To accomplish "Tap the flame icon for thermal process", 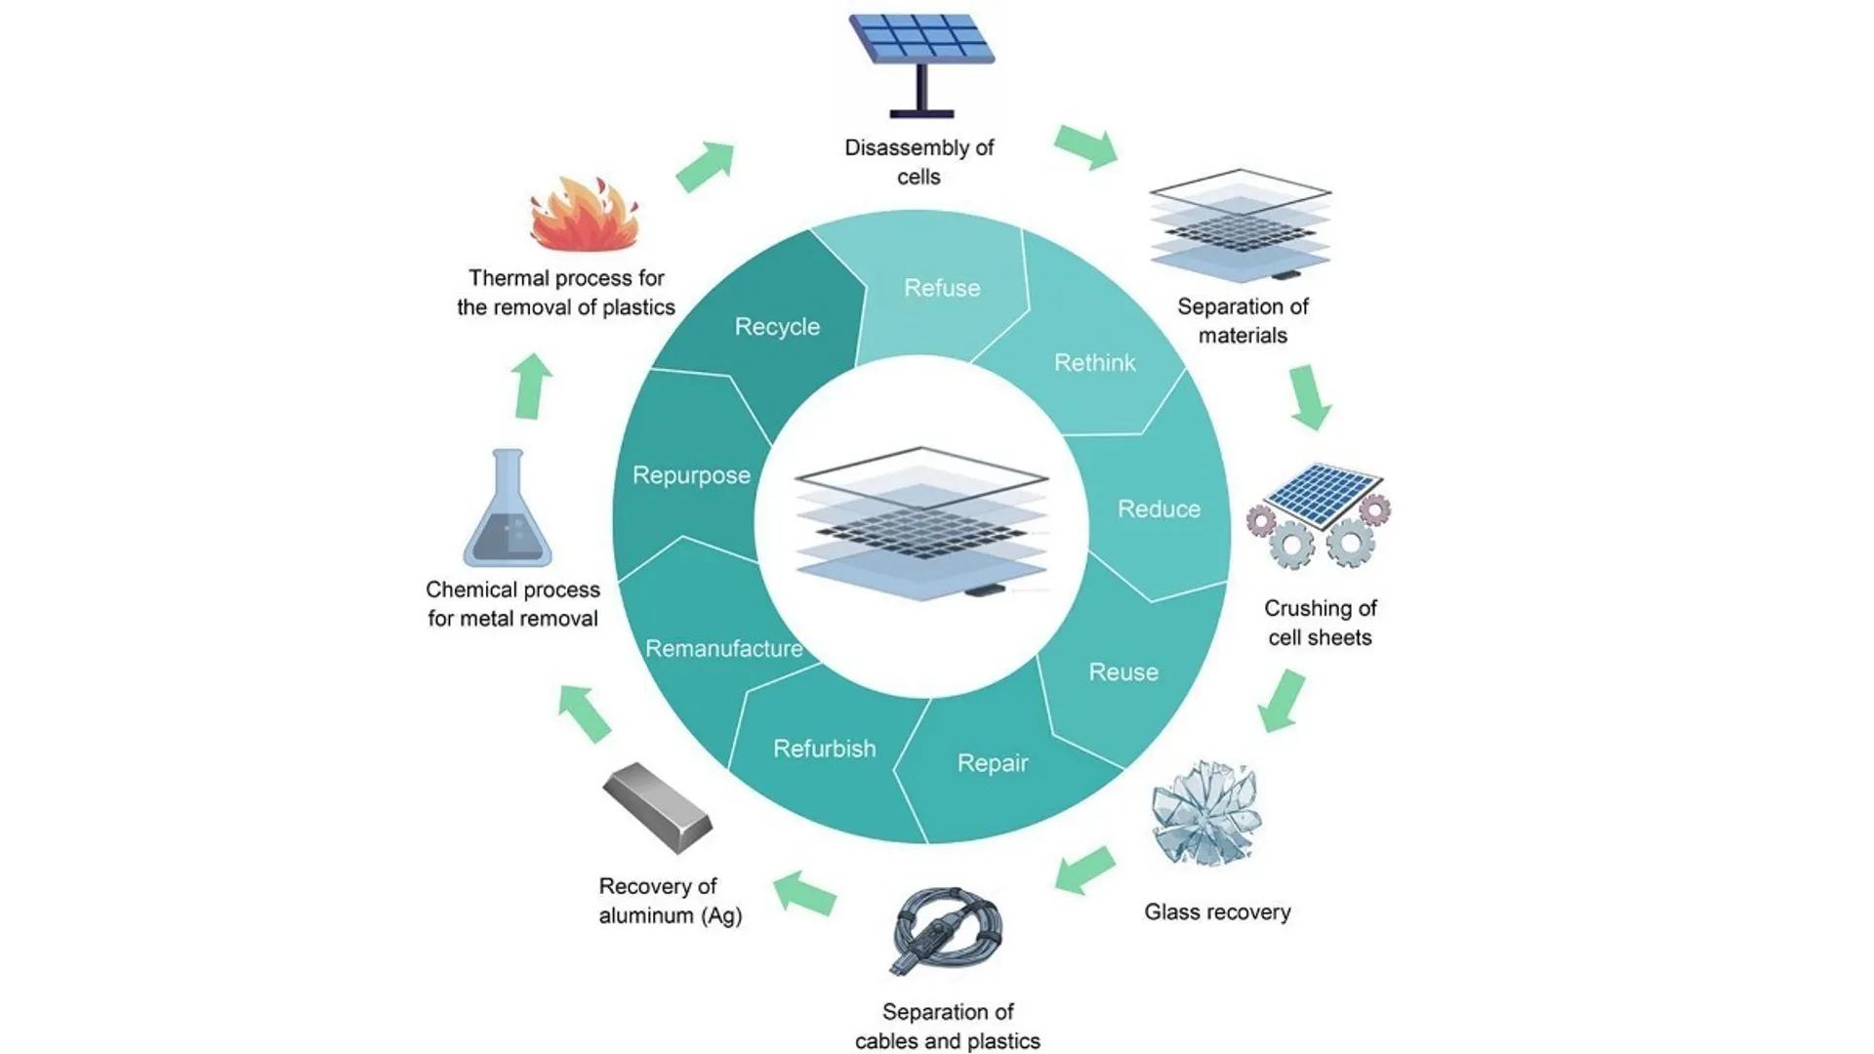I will coord(584,217).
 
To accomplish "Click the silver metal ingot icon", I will coord(658,807).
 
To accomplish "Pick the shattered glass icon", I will coord(1206,813).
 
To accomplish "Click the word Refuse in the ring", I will coord(942,288).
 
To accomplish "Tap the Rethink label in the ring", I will coord(1094,363).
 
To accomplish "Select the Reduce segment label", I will coord(1159,509).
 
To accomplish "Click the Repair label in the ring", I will coord(993,763).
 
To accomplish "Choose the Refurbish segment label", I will coord(825,749).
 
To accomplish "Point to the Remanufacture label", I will coord(723,649).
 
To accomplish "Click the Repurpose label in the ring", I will coord(691,475).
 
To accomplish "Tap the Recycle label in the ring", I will coord(777,327).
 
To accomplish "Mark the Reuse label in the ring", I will coord(1123,672).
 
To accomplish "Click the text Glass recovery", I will coord(1217,912).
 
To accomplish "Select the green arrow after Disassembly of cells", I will coord(1086,147).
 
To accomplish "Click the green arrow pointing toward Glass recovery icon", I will coord(1281,701).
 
